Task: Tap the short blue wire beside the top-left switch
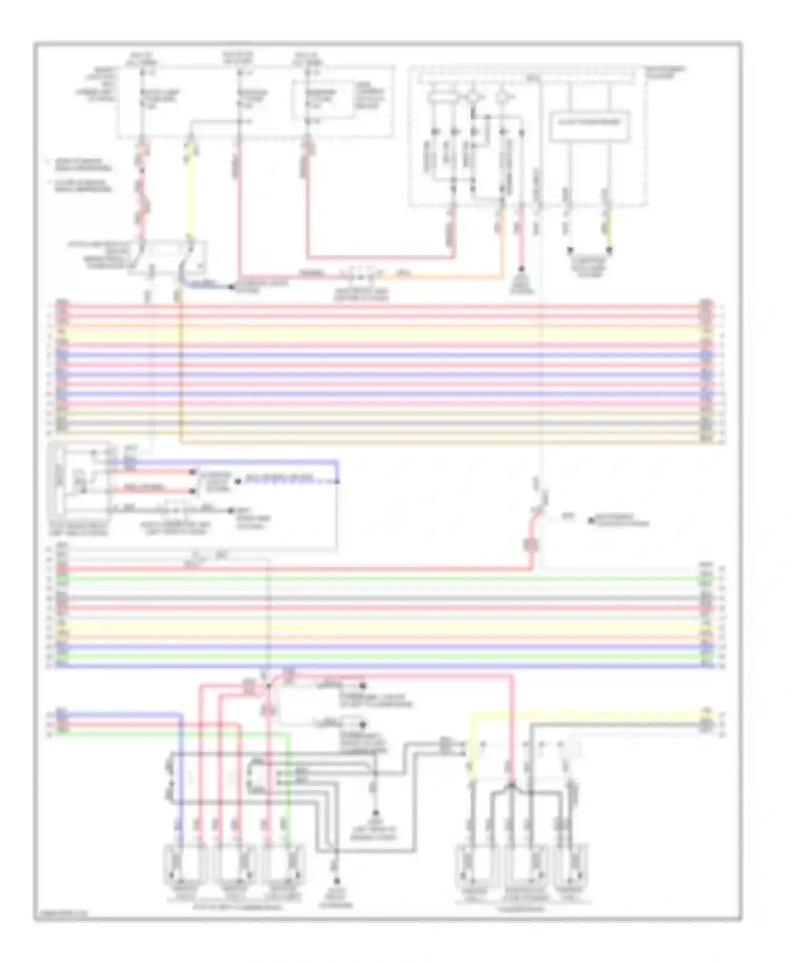tap(205, 285)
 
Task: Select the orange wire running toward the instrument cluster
tap(448, 276)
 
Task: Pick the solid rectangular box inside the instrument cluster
tap(589, 125)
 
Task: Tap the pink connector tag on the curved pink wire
tap(531, 545)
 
